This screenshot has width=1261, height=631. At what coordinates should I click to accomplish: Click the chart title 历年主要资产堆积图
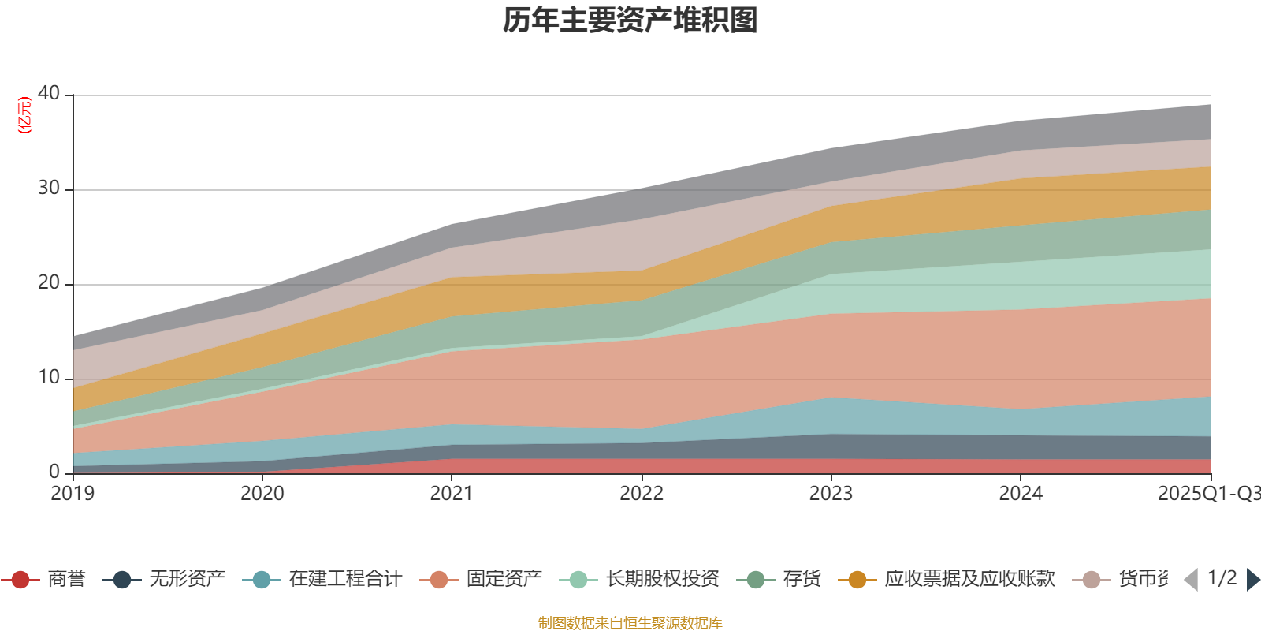click(x=630, y=21)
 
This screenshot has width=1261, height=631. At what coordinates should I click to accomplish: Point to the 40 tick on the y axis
click(x=49, y=93)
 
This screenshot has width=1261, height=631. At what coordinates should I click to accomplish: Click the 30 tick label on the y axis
click(x=49, y=188)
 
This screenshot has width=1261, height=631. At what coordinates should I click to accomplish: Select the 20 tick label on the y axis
click(x=49, y=282)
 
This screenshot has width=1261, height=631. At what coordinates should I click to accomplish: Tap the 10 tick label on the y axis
click(x=49, y=377)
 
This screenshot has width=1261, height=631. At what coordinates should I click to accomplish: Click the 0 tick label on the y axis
click(x=54, y=472)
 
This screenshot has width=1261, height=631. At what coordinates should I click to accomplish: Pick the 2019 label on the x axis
click(x=73, y=494)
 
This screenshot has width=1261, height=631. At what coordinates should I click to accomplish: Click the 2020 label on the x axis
click(x=262, y=494)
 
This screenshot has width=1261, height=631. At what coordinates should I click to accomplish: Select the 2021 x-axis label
click(x=452, y=494)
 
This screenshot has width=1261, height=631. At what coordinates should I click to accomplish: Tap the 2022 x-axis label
click(x=642, y=494)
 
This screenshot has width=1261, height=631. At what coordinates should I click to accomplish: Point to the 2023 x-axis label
click(x=831, y=494)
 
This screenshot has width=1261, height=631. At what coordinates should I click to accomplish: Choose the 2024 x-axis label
click(x=1021, y=494)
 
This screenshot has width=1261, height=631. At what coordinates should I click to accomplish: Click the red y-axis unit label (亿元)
click(x=24, y=115)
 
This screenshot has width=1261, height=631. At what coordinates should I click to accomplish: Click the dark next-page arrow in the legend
click(x=1252, y=580)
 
